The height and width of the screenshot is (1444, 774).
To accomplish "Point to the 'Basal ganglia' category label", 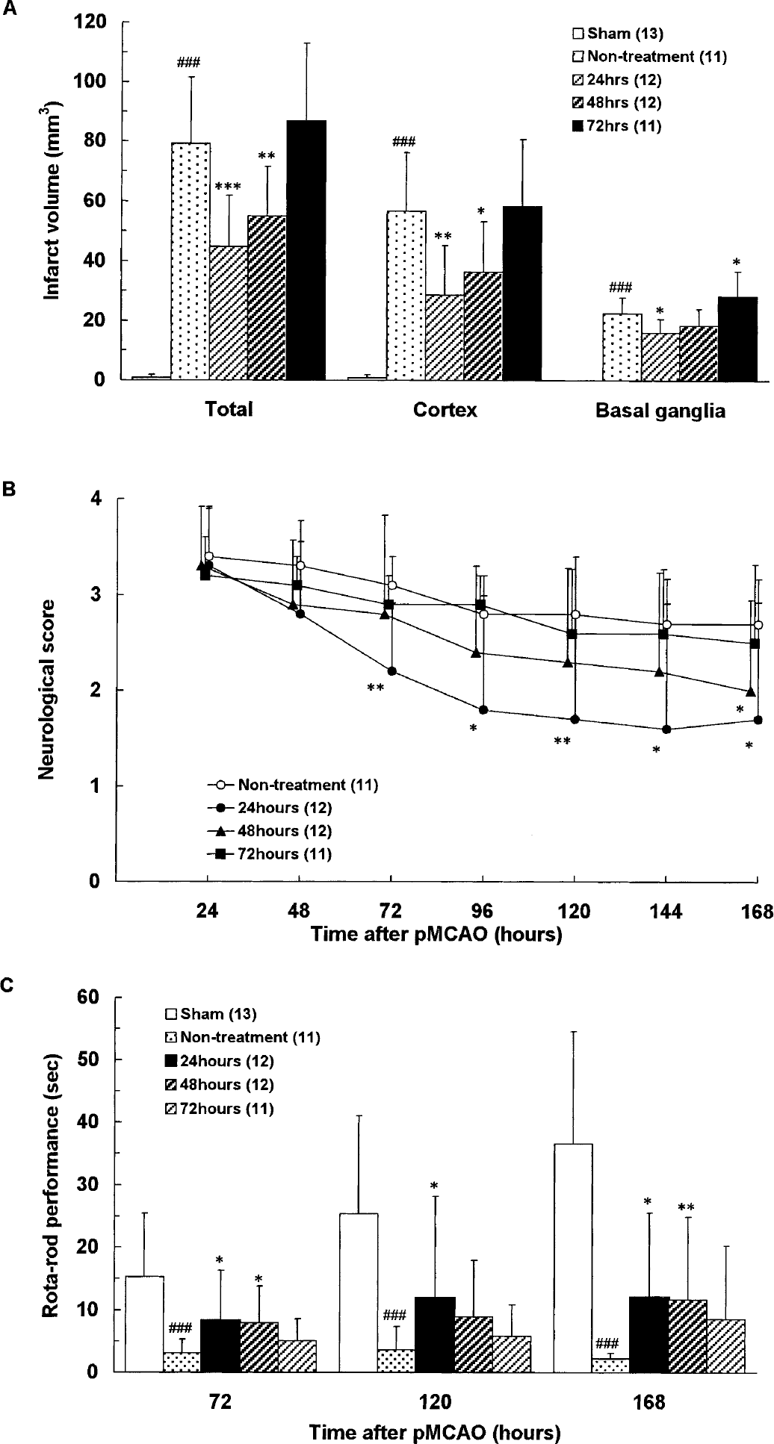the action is pyautogui.click(x=660, y=411).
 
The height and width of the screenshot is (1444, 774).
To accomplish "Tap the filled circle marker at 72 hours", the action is pyautogui.click(x=391, y=670).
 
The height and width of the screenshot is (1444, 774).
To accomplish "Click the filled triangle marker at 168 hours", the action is pyautogui.click(x=751, y=691).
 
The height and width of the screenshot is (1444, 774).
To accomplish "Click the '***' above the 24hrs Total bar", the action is pyautogui.click(x=229, y=187).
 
